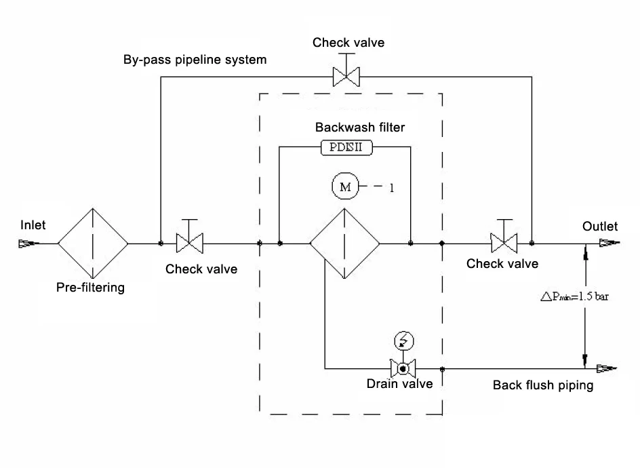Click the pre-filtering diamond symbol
tap(93, 243)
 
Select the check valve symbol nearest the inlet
tap(191, 241)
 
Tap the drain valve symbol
tap(403, 368)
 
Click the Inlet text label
tap(33, 225)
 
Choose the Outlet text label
tap(600, 227)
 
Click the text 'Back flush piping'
tap(543, 386)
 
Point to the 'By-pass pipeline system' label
tap(195, 60)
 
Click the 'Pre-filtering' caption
tap(90, 287)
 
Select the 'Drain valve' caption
tap(399, 384)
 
